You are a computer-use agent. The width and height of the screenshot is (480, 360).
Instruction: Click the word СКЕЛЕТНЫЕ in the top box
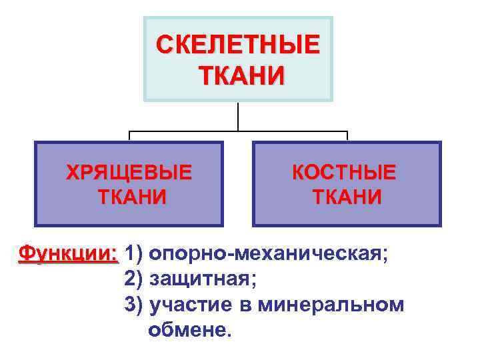pos(238,47)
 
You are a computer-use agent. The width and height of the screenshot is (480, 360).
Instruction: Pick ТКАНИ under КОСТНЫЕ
pos(347,197)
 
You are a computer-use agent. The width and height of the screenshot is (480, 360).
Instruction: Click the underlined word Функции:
pos(69,254)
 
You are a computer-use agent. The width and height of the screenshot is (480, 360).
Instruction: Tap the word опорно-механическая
pos(267,254)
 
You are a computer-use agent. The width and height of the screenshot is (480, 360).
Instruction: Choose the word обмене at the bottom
pos(191,329)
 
